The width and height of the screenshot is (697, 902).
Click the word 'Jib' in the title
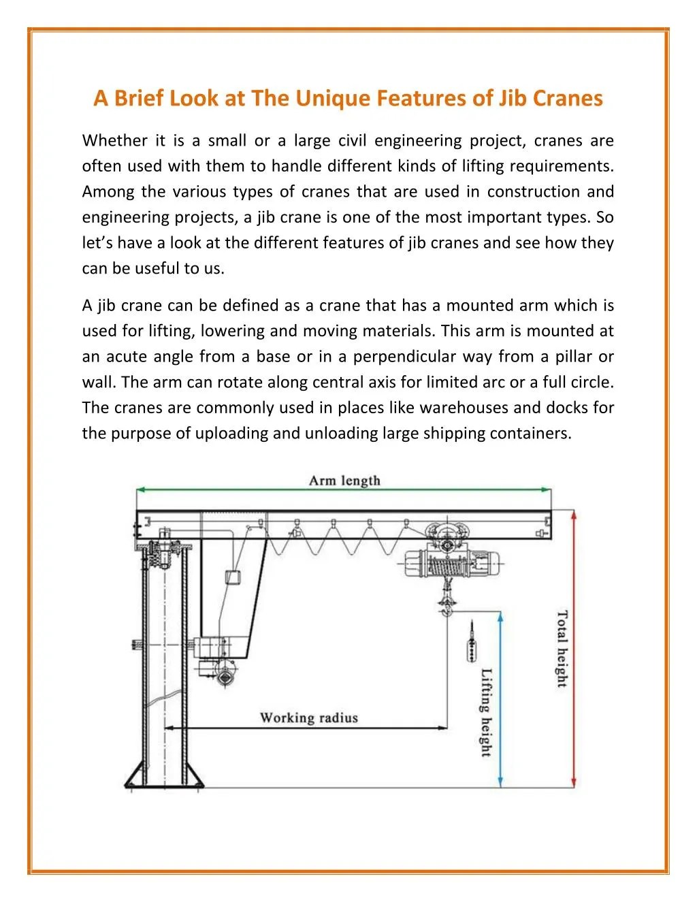click(x=513, y=98)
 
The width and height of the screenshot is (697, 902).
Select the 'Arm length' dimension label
click(x=344, y=481)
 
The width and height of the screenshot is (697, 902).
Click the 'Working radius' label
click(x=308, y=718)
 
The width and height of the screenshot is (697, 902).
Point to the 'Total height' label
click(x=562, y=648)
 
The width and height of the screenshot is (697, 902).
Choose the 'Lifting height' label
click(x=487, y=712)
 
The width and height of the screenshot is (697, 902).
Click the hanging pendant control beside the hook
click(x=470, y=644)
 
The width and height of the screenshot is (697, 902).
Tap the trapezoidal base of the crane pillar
click(x=163, y=776)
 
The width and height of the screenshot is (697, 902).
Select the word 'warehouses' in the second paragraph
click(x=464, y=408)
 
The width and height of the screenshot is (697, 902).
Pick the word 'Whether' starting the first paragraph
click(x=114, y=141)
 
